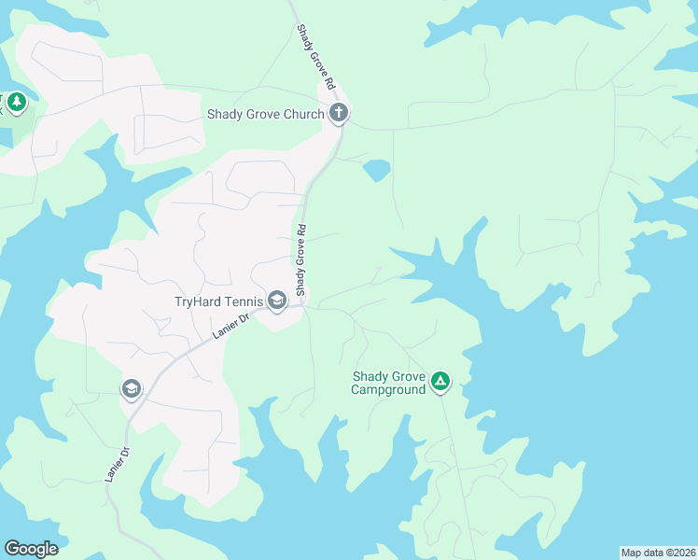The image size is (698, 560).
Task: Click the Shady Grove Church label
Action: click(x=265, y=115)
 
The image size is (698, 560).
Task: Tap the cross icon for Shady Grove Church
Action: click(x=339, y=114)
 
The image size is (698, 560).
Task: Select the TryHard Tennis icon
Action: click(x=277, y=301)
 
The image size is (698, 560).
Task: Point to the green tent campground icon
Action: click(x=440, y=381)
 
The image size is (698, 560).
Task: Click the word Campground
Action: click(x=387, y=389)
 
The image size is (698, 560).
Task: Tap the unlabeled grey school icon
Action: click(x=132, y=388)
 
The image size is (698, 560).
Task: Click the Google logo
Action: click(x=31, y=549)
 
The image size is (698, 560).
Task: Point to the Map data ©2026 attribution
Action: click(x=657, y=553)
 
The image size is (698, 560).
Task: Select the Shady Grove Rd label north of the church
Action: click(x=316, y=57)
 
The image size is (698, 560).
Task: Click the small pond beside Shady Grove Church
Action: click(x=376, y=170)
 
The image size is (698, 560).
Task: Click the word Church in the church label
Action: click(x=301, y=115)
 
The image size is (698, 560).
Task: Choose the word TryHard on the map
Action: click(x=196, y=301)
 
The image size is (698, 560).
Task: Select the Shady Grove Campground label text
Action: click(x=387, y=383)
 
